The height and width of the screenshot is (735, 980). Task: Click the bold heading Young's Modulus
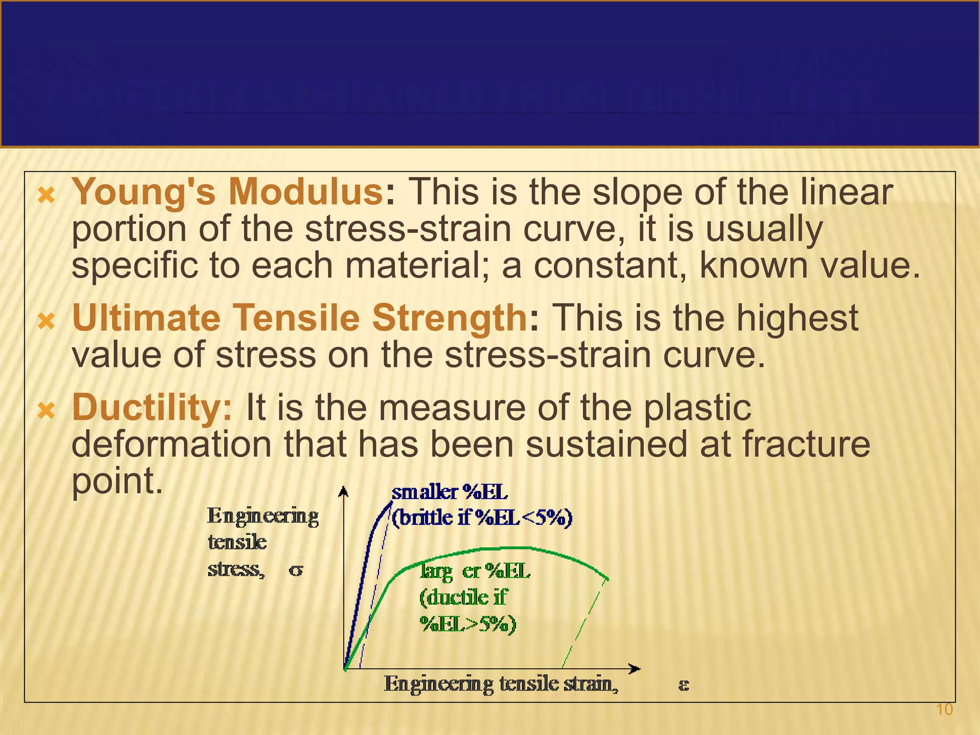click(228, 192)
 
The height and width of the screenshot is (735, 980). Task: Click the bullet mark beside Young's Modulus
click(46, 195)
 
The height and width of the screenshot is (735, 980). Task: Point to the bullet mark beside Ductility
click(46, 411)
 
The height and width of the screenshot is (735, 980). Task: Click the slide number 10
click(944, 710)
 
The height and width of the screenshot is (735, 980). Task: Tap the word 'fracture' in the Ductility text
click(806, 444)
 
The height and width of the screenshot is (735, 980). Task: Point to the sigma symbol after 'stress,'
click(296, 570)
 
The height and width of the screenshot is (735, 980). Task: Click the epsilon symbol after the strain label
click(683, 685)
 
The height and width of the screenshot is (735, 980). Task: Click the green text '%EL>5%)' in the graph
click(468, 624)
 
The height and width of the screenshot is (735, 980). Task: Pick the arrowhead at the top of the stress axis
click(343, 491)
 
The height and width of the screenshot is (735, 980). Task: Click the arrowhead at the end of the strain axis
click(635, 668)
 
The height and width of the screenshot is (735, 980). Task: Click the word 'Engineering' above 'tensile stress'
click(263, 517)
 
